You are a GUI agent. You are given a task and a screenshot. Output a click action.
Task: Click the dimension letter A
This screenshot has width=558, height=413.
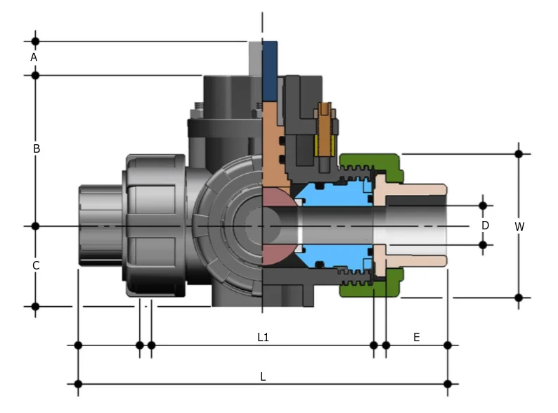click(33, 56)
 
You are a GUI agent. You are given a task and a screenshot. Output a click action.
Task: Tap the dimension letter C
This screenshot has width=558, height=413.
click(36, 265)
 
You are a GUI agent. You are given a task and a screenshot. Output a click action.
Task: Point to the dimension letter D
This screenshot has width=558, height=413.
click(485, 225)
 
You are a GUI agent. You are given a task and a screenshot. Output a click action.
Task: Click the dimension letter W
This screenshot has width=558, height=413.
click(519, 227)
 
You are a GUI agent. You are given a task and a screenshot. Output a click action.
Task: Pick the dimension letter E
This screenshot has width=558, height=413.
click(416, 338)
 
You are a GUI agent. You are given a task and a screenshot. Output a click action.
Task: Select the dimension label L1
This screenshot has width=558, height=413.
click(263, 338)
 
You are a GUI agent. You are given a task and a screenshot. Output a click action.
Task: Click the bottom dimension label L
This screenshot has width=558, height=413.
click(263, 376)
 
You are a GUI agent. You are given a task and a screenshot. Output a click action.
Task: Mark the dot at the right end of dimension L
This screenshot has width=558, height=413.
click(448, 383)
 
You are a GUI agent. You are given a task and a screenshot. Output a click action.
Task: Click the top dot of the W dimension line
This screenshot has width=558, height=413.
click(519, 153)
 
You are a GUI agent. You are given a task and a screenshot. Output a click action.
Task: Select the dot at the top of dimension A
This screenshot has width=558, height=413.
click(36, 42)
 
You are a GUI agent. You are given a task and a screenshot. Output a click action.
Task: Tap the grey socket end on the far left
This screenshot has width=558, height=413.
click(98, 225)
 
